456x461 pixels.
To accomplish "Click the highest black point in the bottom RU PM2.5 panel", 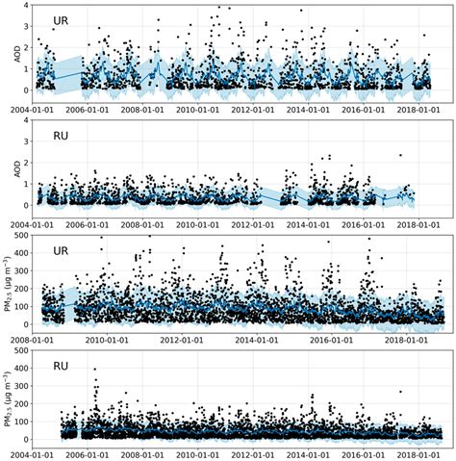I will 94,369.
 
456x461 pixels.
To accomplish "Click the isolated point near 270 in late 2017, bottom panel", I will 400,391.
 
